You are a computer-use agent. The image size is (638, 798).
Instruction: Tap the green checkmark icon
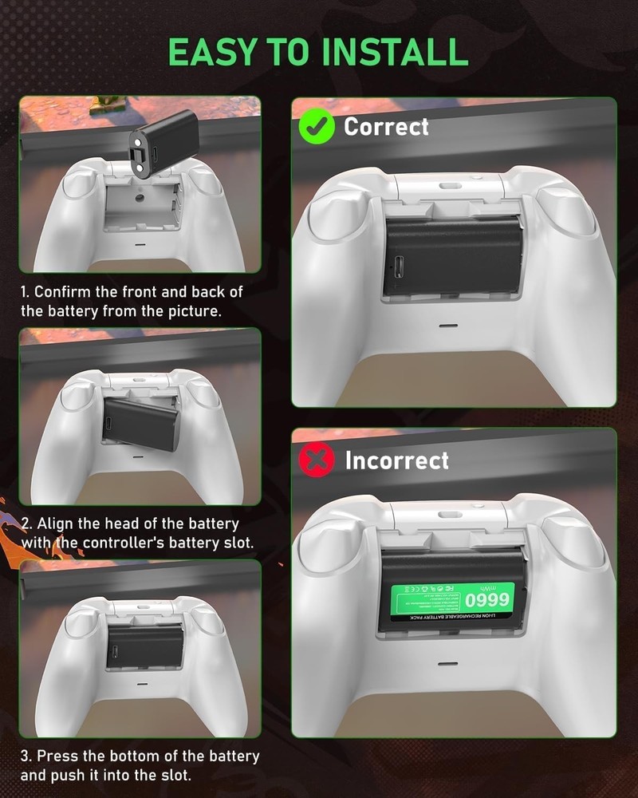click(x=316, y=127)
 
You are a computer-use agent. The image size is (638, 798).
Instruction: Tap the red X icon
click(x=316, y=460)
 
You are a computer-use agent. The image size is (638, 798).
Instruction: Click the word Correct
click(x=386, y=127)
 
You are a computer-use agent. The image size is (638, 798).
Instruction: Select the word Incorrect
click(x=396, y=460)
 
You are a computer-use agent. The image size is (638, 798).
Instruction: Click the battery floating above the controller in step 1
click(x=163, y=143)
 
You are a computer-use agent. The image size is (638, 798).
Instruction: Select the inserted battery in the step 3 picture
click(x=144, y=645)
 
